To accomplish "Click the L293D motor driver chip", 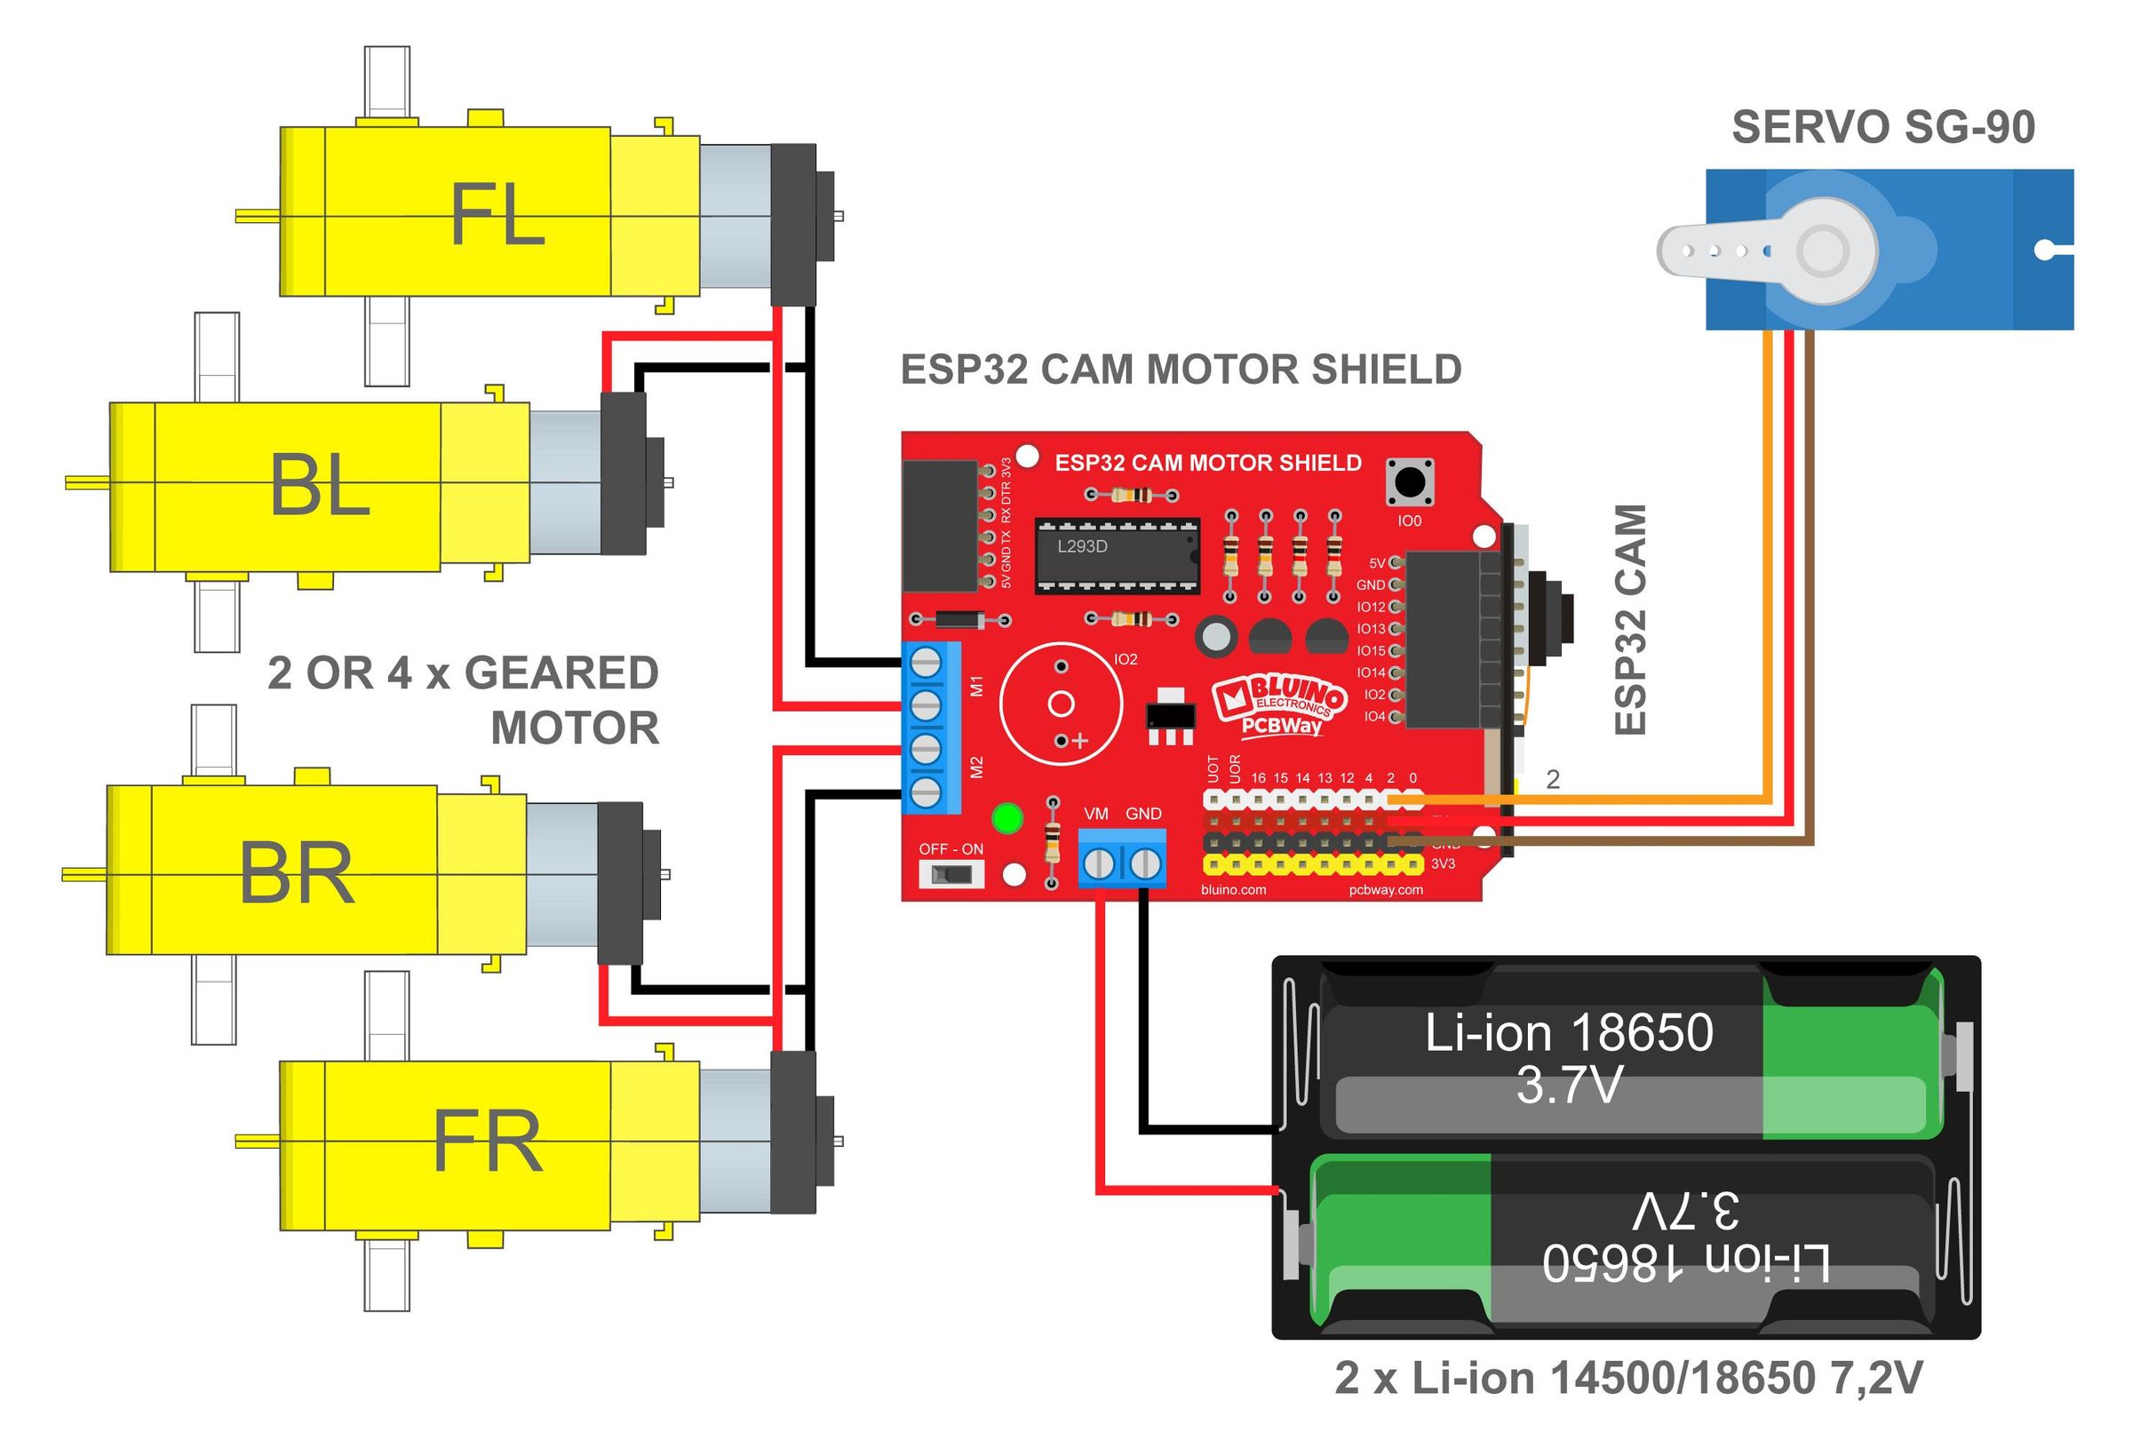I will [1117, 555].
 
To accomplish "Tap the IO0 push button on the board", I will [1409, 481].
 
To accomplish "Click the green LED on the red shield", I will [1007, 818].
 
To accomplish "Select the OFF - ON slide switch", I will [951, 874].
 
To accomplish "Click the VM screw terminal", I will [1099, 863].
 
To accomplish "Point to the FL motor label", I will [497, 215].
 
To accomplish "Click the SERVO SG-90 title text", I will [1882, 128].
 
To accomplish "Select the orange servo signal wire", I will [1767, 569].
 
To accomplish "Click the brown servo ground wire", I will [1809, 587].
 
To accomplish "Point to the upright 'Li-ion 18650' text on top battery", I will [1569, 1033].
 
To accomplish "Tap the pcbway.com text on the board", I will [1385, 890].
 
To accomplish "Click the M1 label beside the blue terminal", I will [976, 685].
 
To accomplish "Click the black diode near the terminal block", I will [960, 619].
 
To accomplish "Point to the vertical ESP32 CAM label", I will [1630, 619].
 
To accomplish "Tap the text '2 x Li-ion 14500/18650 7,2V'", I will [1628, 1378].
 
